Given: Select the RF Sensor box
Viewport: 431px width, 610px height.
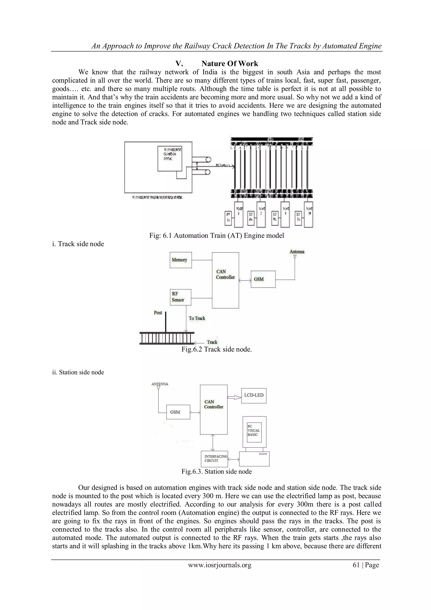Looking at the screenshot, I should pyautogui.click(x=181, y=297).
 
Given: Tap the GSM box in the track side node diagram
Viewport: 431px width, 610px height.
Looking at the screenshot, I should pyautogui.click(x=263, y=279).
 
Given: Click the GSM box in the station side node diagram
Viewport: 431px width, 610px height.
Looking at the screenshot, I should pyautogui.click(x=178, y=412).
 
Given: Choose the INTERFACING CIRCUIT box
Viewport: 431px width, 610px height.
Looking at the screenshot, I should pyautogui.click(x=214, y=459).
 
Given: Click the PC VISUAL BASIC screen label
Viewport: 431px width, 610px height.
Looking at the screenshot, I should pyautogui.click(x=254, y=431).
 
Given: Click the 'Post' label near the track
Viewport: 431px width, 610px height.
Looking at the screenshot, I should pyautogui.click(x=158, y=313).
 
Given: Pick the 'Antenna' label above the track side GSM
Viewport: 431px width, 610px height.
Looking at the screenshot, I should pyautogui.click(x=297, y=252).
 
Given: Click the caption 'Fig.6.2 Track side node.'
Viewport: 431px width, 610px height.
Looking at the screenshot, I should pyautogui.click(x=216, y=349).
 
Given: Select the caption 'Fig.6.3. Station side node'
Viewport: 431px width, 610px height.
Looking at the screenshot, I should pyautogui.click(x=216, y=472).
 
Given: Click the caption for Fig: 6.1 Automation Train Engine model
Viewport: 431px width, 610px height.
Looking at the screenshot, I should pyautogui.click(x=216, y=235).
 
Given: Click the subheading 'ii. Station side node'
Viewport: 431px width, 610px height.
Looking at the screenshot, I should pyautogui.click(x=78, y=372).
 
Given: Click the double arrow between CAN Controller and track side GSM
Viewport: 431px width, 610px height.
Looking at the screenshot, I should pyautogui.click(x=245, y=280).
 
